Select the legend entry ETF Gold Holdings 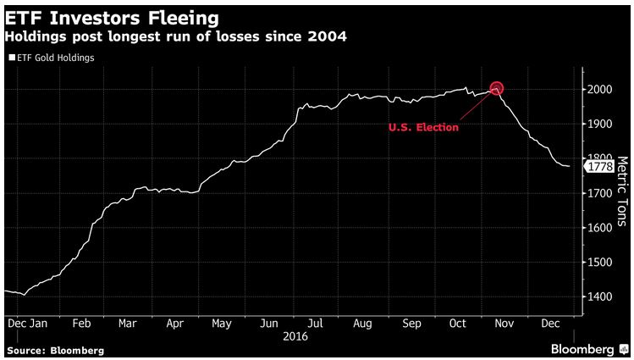click(x=53, y=58)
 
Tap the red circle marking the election click(x=497, y=88)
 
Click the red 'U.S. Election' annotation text click(x=423, y=127)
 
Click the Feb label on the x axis click(x=81, y=324)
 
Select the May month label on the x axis click(x=221, y=324)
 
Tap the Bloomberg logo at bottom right click(x=583, y=349)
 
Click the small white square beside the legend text click(x=10, y=58)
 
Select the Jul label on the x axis click(x=315, y=324)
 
